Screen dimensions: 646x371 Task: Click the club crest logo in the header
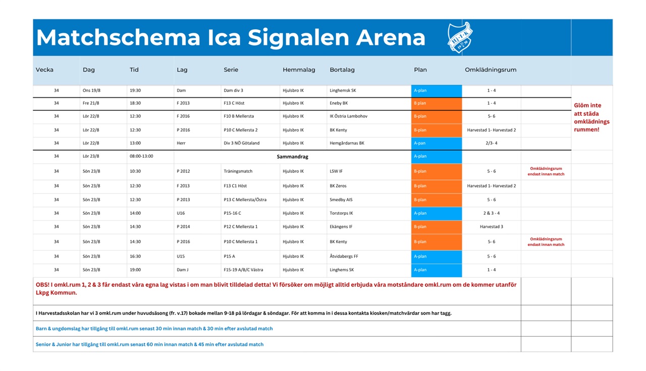click(x=460, y=37)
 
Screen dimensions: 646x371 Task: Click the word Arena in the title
click(x=391, y=37)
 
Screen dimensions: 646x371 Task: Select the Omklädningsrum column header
click(x=491, y=70)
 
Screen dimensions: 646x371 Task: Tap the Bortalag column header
click(x=342, y=70)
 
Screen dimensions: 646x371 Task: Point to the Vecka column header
click(x=44, y=70)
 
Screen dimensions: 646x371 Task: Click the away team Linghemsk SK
click(x=343, y=90)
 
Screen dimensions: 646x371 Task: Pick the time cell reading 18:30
click(x=135, y=103)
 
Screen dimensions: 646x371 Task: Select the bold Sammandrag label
click(x=292, y=157)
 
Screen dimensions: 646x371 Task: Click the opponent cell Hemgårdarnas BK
click(x=347, y=143)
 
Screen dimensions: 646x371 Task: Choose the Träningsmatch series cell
click(x=238, y=171)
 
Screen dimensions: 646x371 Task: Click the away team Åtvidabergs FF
click(x=344, y=257)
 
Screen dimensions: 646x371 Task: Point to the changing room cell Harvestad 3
click(x=492, y=227)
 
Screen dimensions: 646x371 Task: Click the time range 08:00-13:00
click(x=141, y=156)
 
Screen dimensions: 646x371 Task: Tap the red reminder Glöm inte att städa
click(x=591, y=117)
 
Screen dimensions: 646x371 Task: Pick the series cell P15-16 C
click(x=233, y=213)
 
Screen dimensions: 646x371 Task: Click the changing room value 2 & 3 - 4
click(x=492, y=213)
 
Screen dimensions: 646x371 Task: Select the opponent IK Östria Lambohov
click(x=348, y=116)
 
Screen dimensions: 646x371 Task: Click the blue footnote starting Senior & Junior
click(x=150, y=344)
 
